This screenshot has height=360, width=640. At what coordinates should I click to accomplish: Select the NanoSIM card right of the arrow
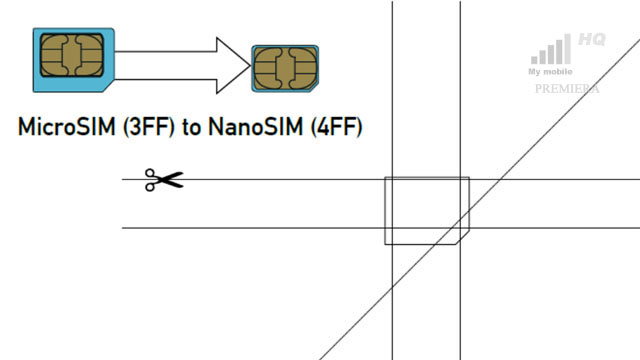[x=285, y=68]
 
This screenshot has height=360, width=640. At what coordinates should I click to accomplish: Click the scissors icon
[x=164, y=180]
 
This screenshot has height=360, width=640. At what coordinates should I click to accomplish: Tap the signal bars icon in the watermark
[x=551, y=51]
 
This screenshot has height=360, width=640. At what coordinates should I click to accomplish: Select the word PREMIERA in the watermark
[x=567, y=88]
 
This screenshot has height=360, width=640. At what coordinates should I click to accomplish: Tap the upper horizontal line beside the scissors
[x=280, y=179]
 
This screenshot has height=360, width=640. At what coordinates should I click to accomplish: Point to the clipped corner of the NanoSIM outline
[x=462, y=237]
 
